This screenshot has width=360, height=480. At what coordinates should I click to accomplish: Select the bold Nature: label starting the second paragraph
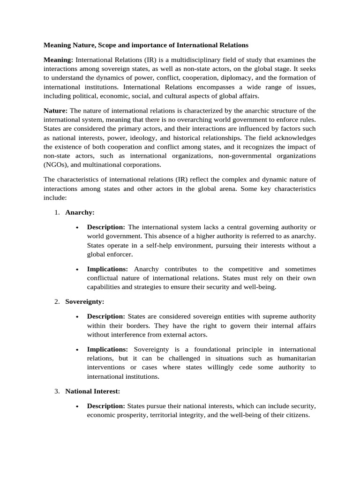pyautogui.click(x=55, y=111)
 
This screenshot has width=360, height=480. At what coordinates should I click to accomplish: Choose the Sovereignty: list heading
pyautogui.click(x=85, y=301)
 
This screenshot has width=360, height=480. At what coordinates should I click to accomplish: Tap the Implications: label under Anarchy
pyautogui.click(x=107, y=269)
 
